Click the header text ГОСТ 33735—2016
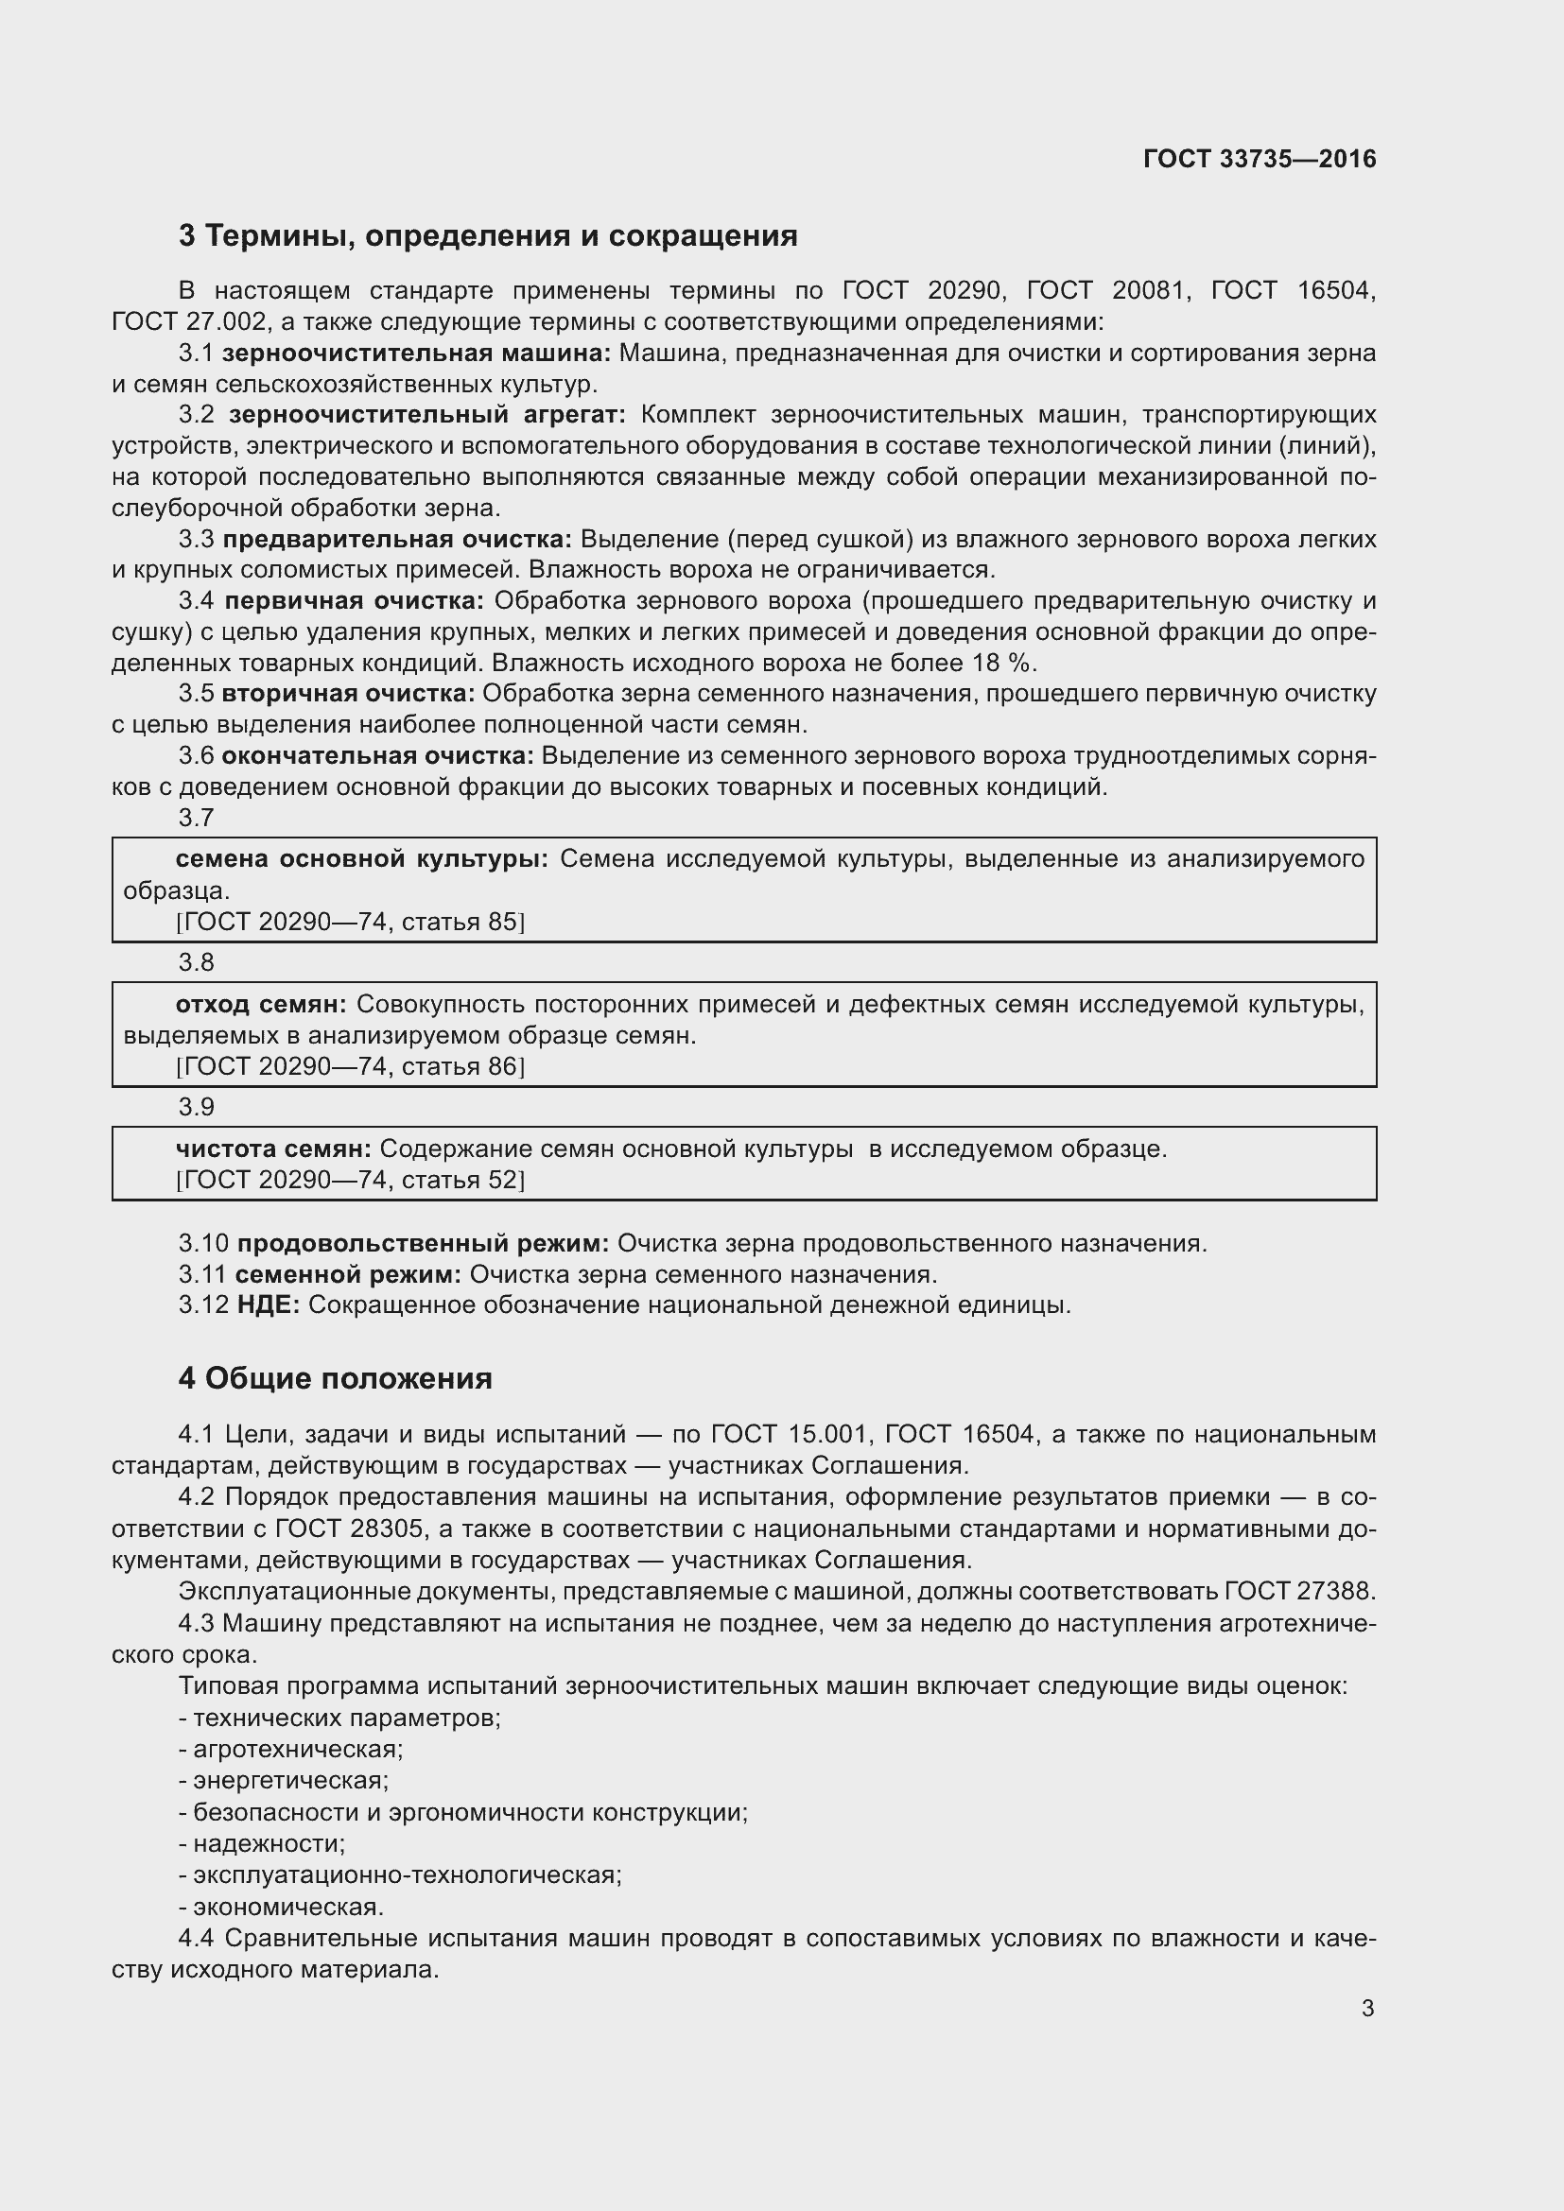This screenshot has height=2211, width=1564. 1259,159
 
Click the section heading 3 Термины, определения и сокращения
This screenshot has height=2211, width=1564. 487,236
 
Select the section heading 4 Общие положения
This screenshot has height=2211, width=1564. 335,1378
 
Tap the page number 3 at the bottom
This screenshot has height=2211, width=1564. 1367,2009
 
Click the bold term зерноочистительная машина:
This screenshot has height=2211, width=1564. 416,354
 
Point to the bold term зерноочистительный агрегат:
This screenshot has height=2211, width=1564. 426,415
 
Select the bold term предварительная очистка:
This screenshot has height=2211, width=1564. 397,539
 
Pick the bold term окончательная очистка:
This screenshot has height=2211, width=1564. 377,756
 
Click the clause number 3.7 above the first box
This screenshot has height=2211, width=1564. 196,818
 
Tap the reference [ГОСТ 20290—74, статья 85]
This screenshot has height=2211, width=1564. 350,922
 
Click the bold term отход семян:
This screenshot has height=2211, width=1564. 260,1005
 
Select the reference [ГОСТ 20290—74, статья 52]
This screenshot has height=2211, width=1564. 350,1180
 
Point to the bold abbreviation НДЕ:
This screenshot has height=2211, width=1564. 269,1304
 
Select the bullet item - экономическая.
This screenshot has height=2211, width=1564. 281,1907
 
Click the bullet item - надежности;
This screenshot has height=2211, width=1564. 262,1843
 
